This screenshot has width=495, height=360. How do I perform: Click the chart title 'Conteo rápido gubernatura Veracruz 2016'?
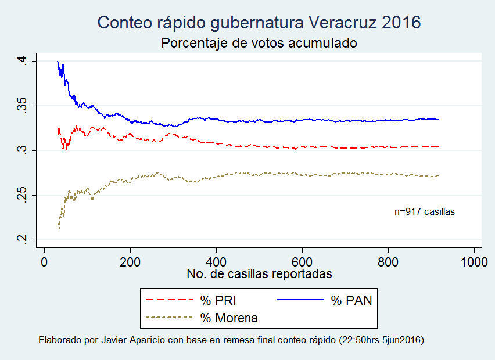pyautogui.click(x=259, y=23)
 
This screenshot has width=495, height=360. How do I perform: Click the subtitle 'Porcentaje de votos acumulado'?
pyautogui.click(x=259, y=43)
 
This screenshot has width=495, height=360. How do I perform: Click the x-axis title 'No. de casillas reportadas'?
pyautogui.click(x=260, y=273)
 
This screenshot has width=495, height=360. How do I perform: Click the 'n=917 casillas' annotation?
pyautogui.click(x=425, y=212)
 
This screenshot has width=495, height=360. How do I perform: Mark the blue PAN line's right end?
pyautogui.click(x=438, y=119)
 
